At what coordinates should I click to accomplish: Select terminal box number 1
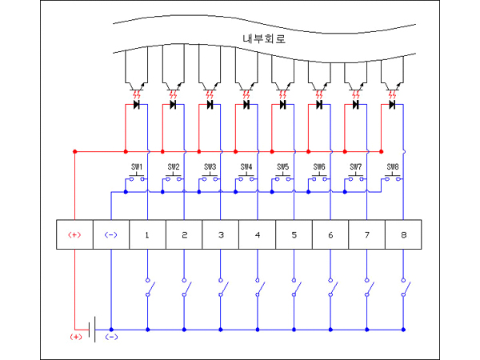[147, 234]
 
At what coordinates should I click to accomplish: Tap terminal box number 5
[294, 234]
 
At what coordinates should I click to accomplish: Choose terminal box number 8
[403, 234]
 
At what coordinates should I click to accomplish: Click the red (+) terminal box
[74, 234]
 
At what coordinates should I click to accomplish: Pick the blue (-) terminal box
[111, 234]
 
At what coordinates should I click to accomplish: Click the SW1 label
[137, 167]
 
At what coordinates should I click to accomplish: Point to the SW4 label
[246, 167]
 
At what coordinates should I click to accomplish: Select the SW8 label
[392, 167]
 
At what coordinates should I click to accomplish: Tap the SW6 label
[319, 167]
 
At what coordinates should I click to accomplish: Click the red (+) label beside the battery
[76, 337]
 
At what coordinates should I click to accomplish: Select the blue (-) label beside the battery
[112, 337]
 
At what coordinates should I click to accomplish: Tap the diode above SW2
[173, 105]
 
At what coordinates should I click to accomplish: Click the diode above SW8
[392, 105]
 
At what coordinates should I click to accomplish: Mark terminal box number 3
[221, 234]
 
